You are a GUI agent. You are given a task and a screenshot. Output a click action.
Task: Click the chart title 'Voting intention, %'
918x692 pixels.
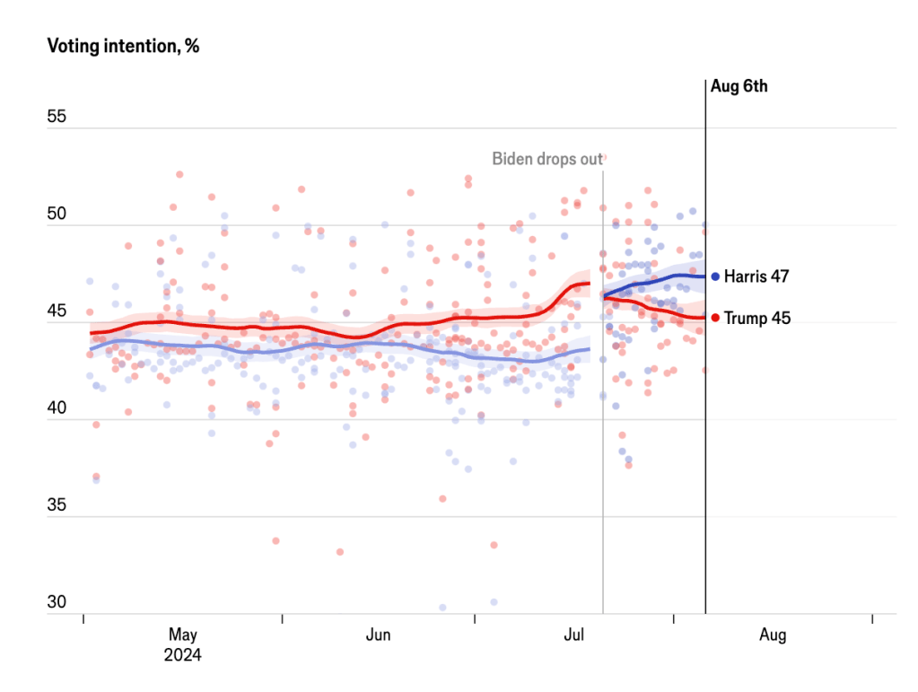tap(123, 47)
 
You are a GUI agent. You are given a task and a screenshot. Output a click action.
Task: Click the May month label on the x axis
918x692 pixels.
tap(182, 635)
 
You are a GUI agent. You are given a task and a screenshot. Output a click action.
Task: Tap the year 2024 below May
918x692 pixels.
tap(182, 655)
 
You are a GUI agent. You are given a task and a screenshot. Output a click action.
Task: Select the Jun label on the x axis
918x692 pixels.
tap(378, 635)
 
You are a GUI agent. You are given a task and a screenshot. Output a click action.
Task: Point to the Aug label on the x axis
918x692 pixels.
tap(772, 635)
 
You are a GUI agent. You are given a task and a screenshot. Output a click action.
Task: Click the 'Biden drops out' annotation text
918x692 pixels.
tap(546, 159)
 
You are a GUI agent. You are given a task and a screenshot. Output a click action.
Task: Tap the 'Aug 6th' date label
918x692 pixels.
tap(739, 87)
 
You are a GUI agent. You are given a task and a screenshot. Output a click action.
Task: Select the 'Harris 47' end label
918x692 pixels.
tap(756, 276)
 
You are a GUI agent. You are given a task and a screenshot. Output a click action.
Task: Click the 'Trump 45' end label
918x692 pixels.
tap(756, 318)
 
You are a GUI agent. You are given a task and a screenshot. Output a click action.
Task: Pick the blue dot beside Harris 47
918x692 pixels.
tap(715, 276)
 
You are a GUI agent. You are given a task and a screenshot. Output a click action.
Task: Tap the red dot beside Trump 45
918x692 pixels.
tap(715, 318)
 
